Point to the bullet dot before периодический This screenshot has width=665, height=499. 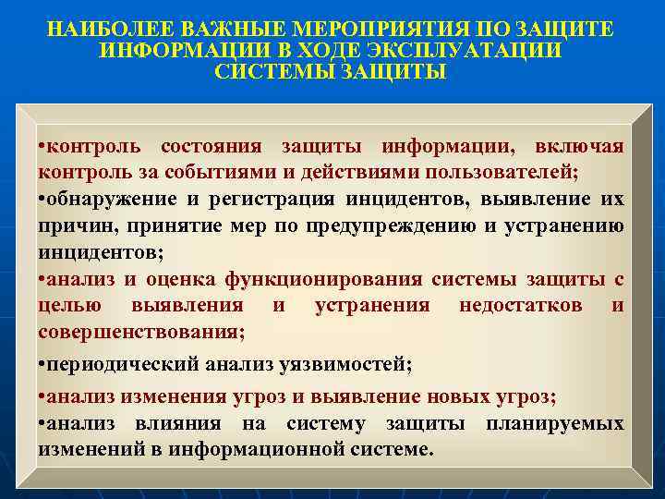pos(42,365)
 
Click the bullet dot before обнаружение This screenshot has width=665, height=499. pos(42,200)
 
